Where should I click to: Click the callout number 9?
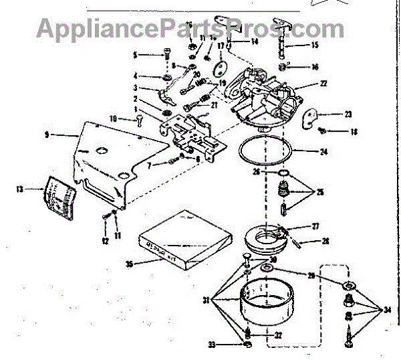pos(46,134)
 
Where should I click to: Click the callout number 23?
pos(348,114)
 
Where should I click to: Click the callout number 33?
pos(211,345)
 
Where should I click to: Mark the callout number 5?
pos(134,54)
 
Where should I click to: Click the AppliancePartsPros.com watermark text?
pos(190,28)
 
